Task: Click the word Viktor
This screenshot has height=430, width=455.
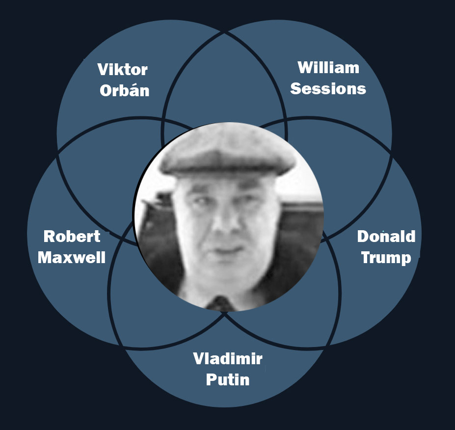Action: coord(122,70)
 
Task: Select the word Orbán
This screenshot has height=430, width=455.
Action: coord(125,91)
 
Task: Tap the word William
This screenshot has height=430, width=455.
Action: coord(328,68)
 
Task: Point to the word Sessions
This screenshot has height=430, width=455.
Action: coord(328,89)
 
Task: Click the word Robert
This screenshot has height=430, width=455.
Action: coord(72,237)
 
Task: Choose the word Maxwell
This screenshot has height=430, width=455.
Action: coord(72,257)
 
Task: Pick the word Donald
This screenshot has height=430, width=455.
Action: coord(386,237)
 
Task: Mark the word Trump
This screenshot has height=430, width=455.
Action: coord(386,258)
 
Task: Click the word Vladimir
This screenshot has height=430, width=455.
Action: coord(227,359)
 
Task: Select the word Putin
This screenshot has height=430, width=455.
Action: coord(227,380)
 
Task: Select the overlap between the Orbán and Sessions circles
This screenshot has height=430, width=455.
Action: coord(224,83)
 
